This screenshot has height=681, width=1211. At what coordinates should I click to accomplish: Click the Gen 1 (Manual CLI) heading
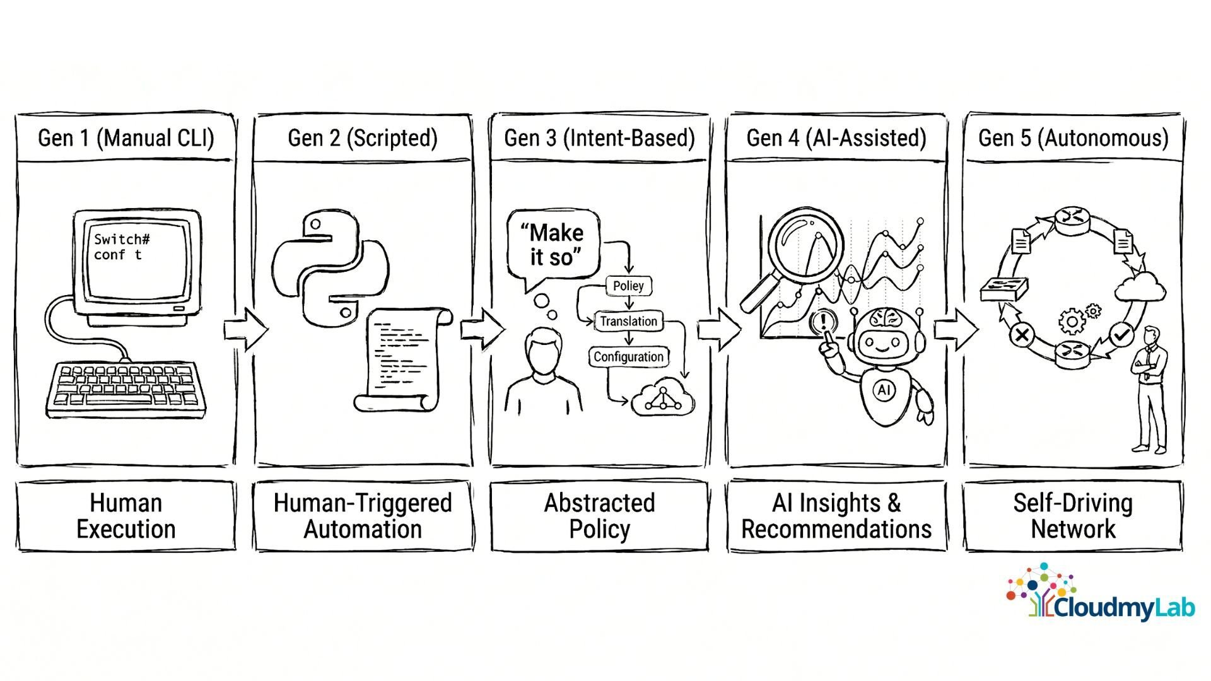pyautogui.click(x=126, y=138)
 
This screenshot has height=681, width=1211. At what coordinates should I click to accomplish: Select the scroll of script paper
pyautogui.click(x=404, y=359)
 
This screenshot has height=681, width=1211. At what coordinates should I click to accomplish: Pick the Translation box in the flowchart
pyautogui.click(x=628, y=321)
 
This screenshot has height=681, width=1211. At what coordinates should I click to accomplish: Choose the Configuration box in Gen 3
pyautogui.click(x=628, y=357)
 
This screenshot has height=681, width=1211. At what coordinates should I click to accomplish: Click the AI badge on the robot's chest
pyautogui.click(x=884, y=390)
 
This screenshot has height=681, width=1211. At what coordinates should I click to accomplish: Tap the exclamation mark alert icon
pyautogui.click(x=823, y=322)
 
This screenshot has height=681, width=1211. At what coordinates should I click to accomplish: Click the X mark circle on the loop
pyautogui.click(x=1022, y=335)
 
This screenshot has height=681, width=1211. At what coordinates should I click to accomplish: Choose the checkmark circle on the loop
pyautogui.click(x=1121, y=334)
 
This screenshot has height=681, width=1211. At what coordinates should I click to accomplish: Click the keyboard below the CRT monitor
pyautogui.click(x=126, y=388)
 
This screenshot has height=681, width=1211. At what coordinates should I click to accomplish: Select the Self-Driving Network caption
pyautogui.click(x=1073, y=516)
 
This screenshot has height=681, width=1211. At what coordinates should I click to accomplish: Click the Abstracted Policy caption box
pyautogui.click(x=599, y=516)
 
